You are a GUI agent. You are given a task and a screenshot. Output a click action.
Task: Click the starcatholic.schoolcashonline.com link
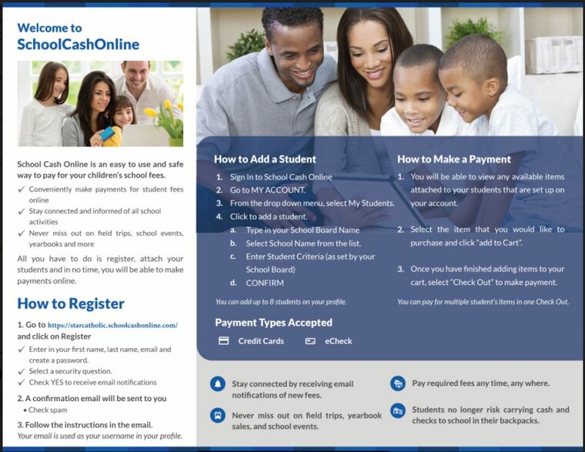pos(112,325)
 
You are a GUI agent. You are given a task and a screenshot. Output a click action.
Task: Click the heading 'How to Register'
pos(71,304)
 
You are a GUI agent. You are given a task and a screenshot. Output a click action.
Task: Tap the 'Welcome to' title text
pos(49,28)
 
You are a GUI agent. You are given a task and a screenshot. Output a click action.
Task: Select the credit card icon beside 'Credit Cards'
pos(223,341)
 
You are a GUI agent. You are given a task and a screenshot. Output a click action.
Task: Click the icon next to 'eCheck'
pos(310,341)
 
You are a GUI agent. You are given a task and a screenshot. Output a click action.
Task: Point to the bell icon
pos(218,383)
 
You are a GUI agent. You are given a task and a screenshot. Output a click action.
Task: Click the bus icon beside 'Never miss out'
pos(218,415)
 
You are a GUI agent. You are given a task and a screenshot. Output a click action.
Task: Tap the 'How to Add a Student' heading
pos(265,159)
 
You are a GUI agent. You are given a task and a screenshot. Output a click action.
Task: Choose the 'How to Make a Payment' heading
pos(453,159)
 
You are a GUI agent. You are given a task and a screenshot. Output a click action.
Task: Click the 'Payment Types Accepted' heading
pos(273,323)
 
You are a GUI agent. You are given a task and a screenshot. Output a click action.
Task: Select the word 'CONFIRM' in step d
pos(265,283)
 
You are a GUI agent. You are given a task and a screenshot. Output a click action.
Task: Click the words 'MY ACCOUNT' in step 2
pos(278,190)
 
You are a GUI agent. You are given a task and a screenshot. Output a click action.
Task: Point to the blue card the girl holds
pos(107,133)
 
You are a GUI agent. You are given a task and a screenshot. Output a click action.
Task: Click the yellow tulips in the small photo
pos(163,111)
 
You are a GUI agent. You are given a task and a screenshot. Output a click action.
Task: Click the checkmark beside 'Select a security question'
pos(22,371)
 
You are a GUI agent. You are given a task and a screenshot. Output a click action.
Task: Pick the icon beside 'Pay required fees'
pos(398,383)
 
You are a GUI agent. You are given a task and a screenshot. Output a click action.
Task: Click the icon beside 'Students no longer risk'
pos(398,410)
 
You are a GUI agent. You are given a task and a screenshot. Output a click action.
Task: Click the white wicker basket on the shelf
pos(553,55)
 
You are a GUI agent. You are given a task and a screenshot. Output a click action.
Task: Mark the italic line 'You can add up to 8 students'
pos(281,302)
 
